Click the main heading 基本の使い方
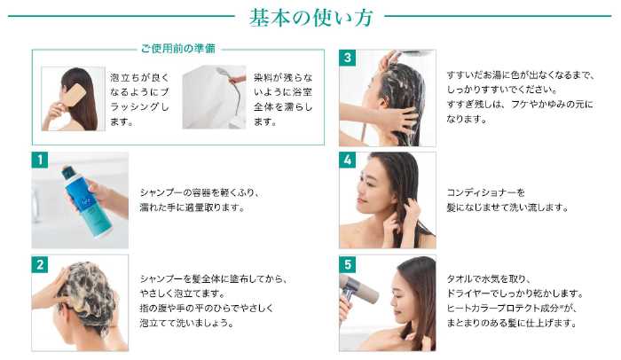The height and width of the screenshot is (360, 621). (310, 19)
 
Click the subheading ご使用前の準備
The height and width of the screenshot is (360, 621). (178, 49)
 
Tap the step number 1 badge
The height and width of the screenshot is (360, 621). (40, 160)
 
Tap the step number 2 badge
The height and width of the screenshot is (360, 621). (40, 264)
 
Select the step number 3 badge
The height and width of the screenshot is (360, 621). (348, 58)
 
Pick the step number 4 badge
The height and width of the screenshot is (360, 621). (348, 160)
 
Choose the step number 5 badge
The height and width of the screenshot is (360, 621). (348, 264)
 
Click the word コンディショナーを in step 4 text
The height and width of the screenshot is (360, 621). (485, 193)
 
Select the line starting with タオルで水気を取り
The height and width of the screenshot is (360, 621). (488, 279)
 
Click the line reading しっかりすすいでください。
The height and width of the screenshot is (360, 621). (502, 90)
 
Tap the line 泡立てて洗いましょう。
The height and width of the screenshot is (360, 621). (186, 323)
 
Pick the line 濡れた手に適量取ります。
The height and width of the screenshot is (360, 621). (193, 207)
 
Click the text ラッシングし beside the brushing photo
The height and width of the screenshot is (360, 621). (139, 107)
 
